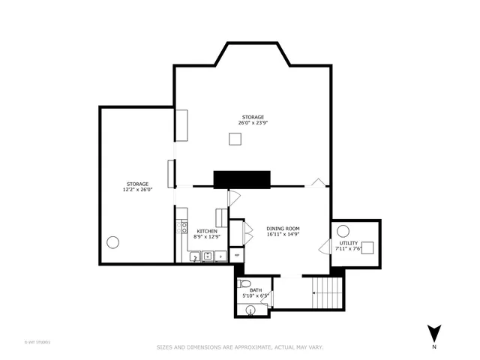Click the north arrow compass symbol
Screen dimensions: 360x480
[433, 333]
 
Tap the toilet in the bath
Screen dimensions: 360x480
[243, 284]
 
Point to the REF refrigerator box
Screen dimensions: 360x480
[238, 255]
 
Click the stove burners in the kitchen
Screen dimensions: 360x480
[181, 226]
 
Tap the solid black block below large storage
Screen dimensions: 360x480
[241, 179]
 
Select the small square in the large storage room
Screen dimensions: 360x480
[235, 138]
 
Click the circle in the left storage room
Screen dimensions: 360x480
[113, 242]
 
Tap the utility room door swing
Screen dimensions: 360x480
[324, 247]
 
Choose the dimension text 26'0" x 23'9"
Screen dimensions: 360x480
[253, 122]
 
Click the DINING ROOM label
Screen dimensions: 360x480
[283, 228]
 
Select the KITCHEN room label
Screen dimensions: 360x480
[207, 231]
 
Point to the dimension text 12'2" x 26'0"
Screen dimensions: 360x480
[137, 189]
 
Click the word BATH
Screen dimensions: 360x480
[256, 289]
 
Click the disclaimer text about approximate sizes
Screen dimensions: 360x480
[239, 347]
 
